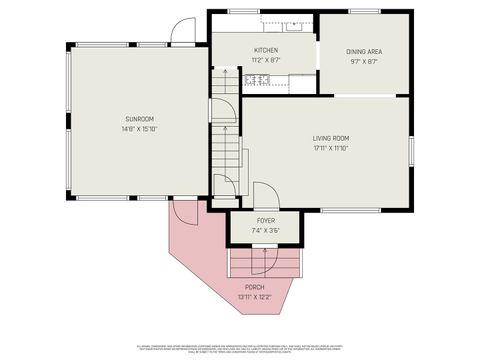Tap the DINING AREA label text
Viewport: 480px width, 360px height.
[x=365, y=51]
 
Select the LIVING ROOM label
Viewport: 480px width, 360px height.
[x=330, y=139]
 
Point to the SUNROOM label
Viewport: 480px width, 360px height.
[x=139, y=118]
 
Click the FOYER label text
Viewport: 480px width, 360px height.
[x=266, y=220]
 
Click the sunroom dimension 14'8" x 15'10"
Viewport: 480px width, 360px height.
[x=139, y=128]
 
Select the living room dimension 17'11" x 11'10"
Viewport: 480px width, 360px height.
[x=330, y=149]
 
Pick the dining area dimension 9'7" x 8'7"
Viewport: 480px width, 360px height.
[x=365, y=61]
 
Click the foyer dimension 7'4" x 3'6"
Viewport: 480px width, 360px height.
[x=266, y=230]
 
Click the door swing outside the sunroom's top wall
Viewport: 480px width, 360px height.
[x=180, y=32]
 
